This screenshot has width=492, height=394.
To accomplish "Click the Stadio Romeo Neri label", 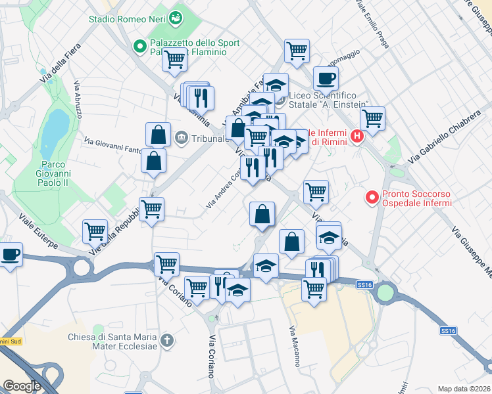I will [x=128, y=18].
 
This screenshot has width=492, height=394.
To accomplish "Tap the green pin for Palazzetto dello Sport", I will [x=139, y=46].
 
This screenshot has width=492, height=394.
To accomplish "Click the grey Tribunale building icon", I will [x=182, y=138].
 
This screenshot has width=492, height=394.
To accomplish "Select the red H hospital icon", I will [x=357, y=137].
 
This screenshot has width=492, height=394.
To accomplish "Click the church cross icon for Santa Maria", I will [x=167, y=340].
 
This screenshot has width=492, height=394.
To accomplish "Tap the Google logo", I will [x=22, y=385].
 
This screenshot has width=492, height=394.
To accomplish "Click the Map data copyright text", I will [x=464, y=389].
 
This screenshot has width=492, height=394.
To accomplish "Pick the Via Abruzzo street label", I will [x=78, y=99].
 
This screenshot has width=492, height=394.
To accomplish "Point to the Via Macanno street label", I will [x=293, y=346].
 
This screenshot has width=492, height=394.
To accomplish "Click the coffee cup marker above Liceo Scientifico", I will [x=325, y=79].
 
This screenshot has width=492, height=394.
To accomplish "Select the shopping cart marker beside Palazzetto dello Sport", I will [x=176, y=60].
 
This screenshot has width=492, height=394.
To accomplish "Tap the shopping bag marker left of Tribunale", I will [x=159, y=135].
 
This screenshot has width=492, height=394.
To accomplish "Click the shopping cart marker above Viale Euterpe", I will [x=95, y=231].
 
